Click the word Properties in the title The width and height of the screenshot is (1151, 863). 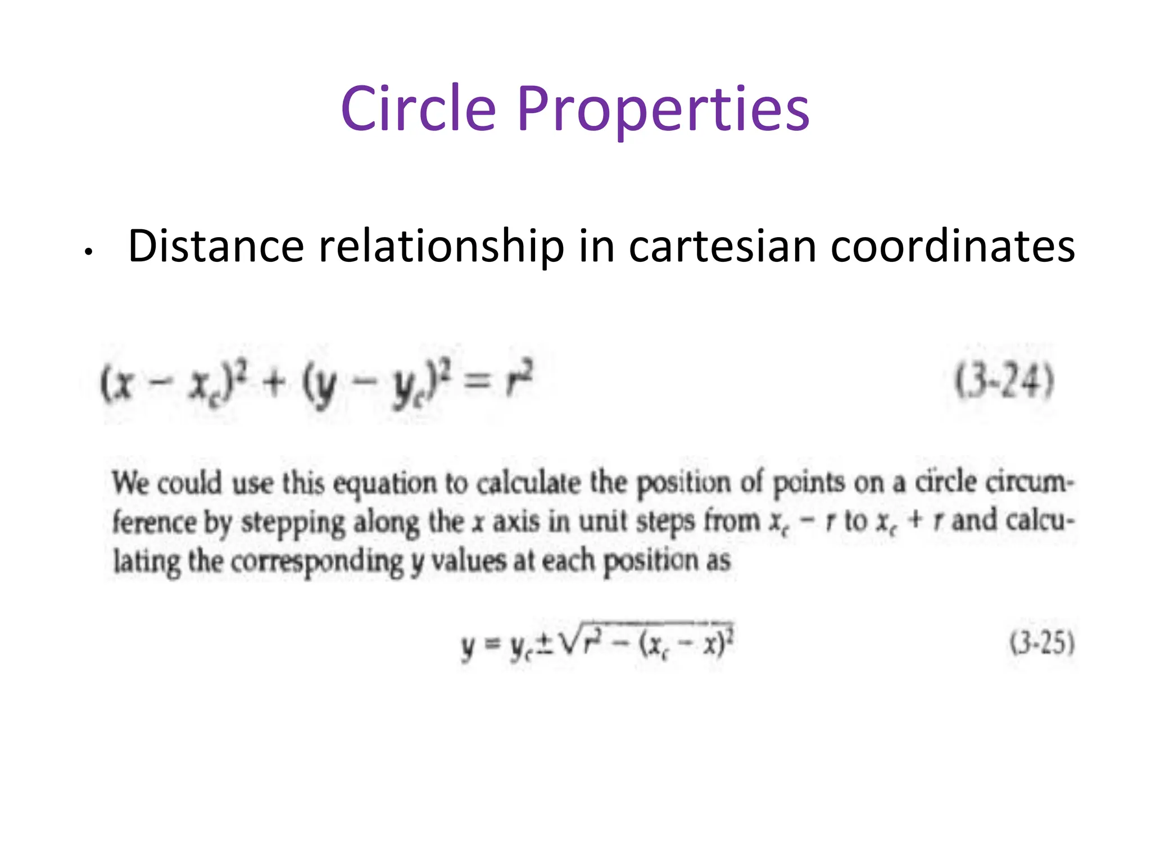[x=663, y=110]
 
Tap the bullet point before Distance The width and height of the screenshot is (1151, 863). [x=88, y=252]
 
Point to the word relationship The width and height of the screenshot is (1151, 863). [x=441, y=247]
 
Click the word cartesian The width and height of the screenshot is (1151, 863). [x=722, y=247]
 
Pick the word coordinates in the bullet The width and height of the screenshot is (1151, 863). [x=953, y=247]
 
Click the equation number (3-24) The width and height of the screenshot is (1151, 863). [x=1004, y=381]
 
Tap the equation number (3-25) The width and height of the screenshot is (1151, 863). [x=1042, y=643]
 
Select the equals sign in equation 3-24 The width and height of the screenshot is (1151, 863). [x=479, y=382]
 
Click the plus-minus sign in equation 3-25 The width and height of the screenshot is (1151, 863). [x=544, y=645]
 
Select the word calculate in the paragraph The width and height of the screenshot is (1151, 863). [x=528, y=483]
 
